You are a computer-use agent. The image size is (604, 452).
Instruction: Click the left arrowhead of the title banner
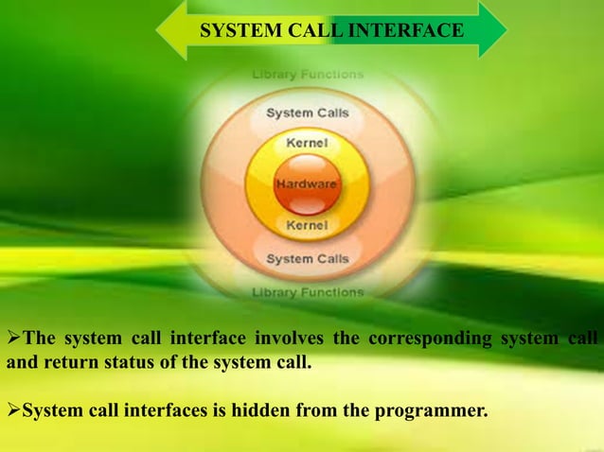(x=171, y=30)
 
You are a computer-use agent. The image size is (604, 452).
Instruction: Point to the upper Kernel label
(x=307, y=143)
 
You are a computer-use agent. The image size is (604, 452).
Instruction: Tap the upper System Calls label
(x=307, y=113)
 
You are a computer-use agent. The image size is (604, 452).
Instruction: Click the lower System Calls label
(x=307, y=258)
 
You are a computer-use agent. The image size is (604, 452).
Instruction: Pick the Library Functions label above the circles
(x=307, y=74)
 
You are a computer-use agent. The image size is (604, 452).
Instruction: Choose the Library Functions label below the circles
(x=307, y=293)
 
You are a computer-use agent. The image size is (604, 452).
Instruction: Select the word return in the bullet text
(x=67, y=361)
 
